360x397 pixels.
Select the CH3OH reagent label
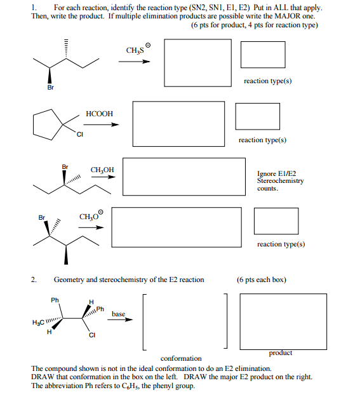[102, 170]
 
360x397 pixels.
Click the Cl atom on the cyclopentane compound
[79, 134]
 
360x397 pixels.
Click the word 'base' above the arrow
[118, 314]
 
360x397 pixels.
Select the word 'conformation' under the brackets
[181, 358]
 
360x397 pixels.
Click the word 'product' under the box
[281, 353]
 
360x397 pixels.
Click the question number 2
[34, 279]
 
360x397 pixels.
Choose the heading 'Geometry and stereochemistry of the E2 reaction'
[129, 279]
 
